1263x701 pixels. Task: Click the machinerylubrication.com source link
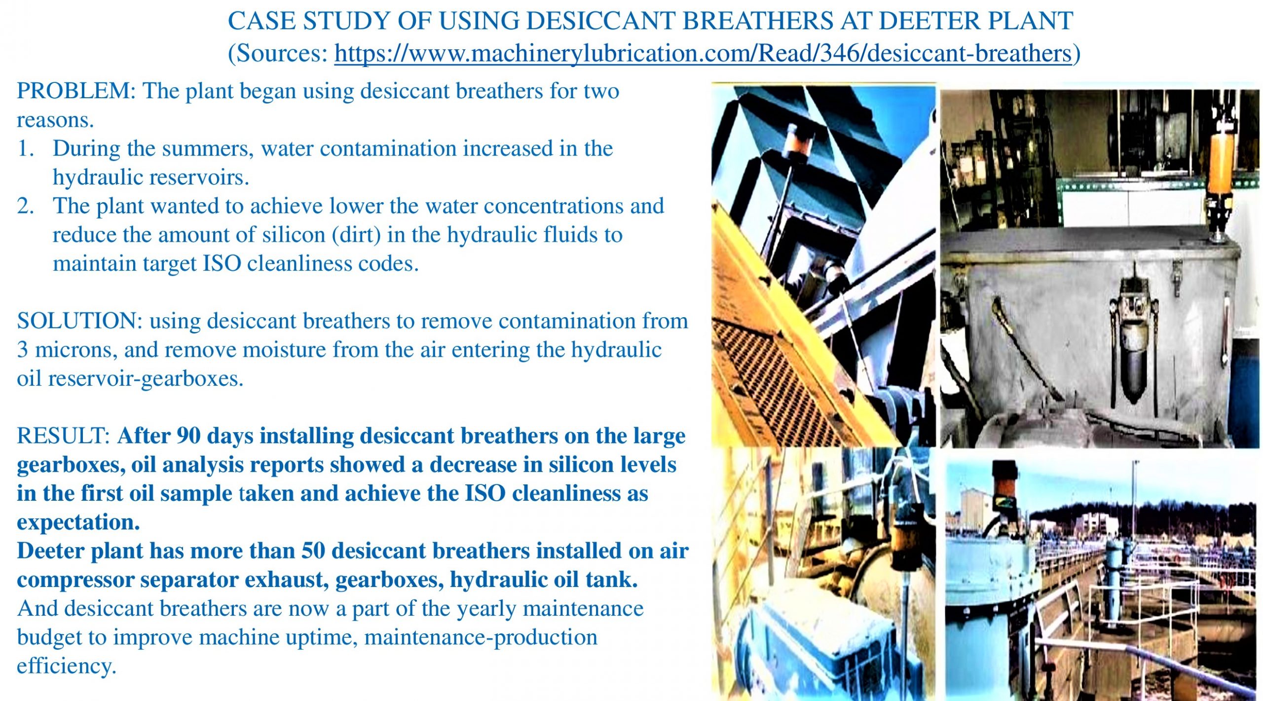pos(704,53)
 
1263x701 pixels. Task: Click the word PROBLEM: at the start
pos(76,91)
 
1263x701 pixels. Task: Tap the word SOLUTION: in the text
pos(80,321)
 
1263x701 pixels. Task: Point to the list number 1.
pos(26,148)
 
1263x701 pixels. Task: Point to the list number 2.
pos(26,206)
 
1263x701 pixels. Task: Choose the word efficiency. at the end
pos(67,666)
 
